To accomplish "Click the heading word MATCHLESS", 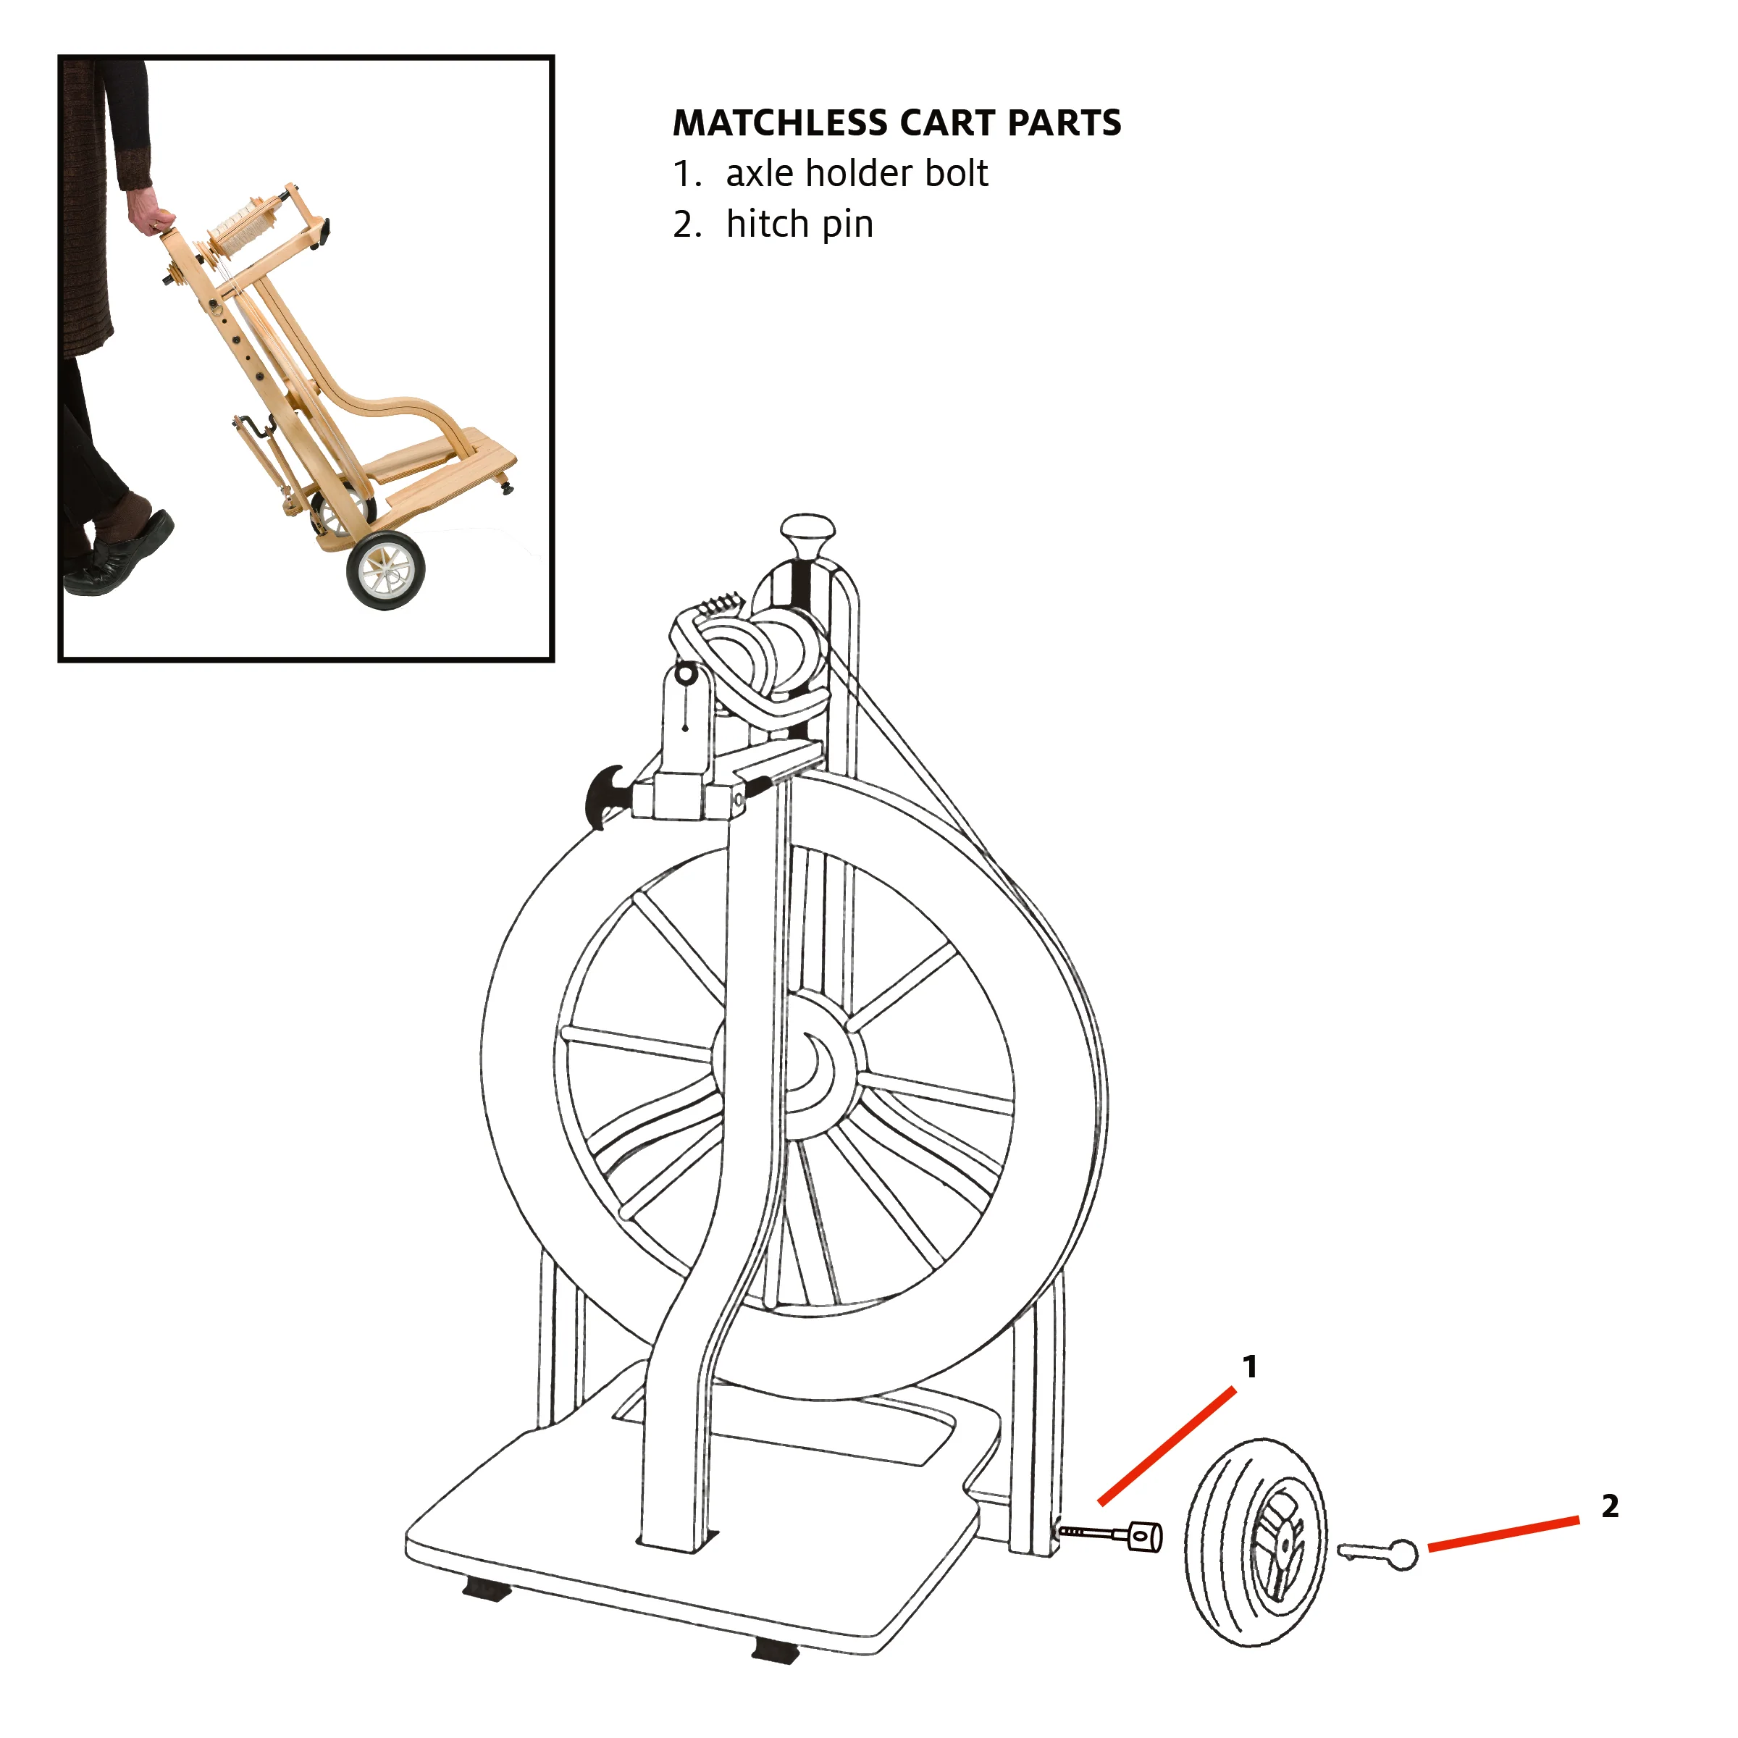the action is [x=781, y=123].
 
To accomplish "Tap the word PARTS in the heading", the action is [x=1065, y=123].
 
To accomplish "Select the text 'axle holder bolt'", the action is [x=857, y=173].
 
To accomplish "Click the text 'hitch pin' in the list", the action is [x=799, y=224].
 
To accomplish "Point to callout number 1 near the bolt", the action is [x=1249, y=1367].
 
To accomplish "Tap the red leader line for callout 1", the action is [x=1167, y=1447].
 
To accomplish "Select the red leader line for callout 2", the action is [x=1503, y=1534].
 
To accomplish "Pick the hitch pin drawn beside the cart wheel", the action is [x=1379, y=1553].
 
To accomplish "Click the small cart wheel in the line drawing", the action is [x=1255, y=1542].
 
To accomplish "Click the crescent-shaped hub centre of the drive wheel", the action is [x=822, y=1070].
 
